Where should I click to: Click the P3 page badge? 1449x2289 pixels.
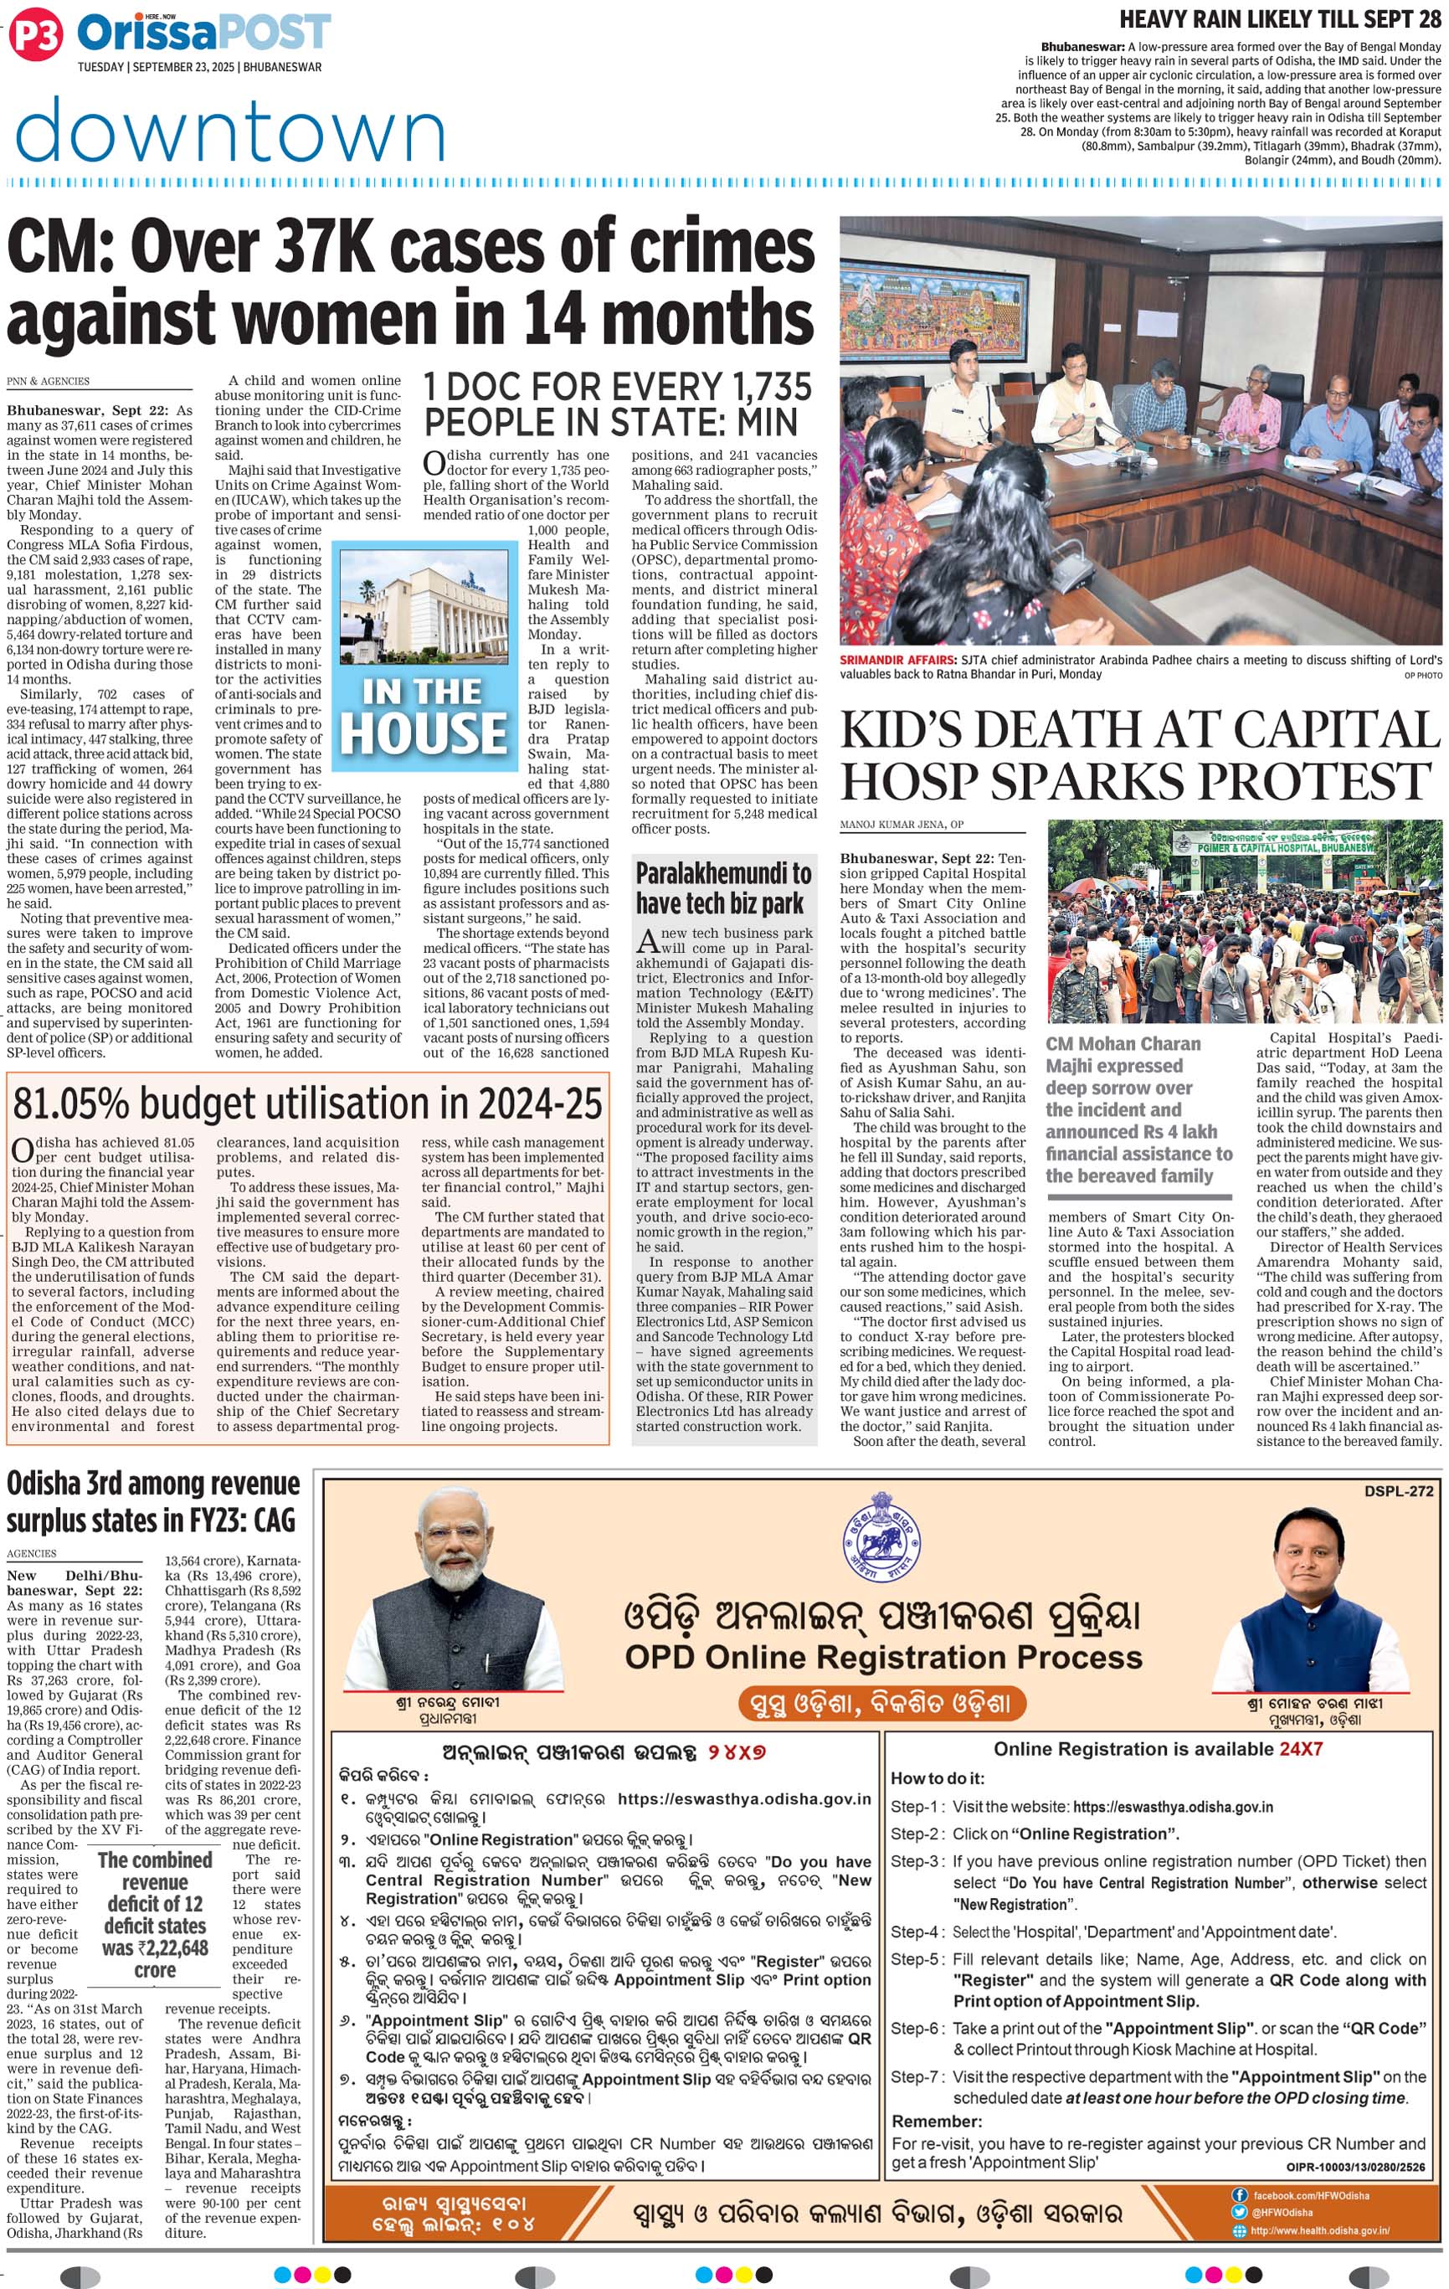35,35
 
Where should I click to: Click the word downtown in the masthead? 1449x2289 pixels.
231,131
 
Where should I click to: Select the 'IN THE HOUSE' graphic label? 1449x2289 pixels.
423,715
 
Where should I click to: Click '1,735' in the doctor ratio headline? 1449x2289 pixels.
765,388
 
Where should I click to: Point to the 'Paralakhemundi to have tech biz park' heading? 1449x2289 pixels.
723,887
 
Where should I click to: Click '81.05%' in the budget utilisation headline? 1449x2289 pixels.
83,1103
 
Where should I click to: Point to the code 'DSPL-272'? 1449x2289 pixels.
1398,1490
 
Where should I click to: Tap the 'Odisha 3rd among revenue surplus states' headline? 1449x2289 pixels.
153,1500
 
